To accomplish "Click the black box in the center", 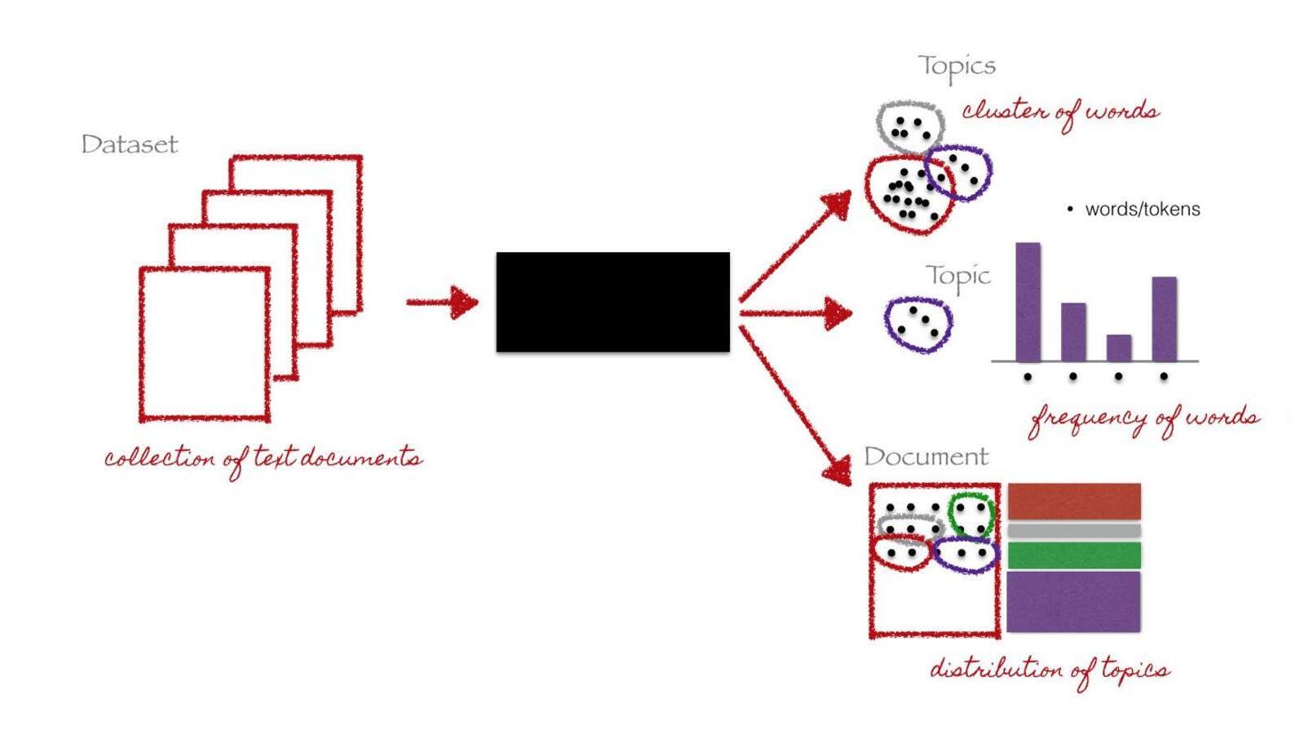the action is click(x=612, y=302).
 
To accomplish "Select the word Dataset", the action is click(x=129, y=144).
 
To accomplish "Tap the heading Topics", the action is click(x=957, y=67).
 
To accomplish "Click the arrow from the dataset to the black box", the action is click(x=443, y=302).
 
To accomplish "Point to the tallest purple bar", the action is click(x=1028, y=302).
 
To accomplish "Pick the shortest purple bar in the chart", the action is click(x=1118, y=348).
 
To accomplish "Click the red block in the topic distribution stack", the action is click(x=1073, y=502).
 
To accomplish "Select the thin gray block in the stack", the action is click(x=1073, y=530).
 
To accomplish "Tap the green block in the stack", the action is click(x=1073, y=555).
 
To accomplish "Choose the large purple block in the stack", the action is click(x=1073, y=602).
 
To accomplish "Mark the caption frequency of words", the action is click(x=1144, y=419).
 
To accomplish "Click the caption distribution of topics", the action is click(x=1050, y=670).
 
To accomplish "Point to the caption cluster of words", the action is click(x=1060, y=113).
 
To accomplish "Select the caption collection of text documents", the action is click(x=263, y=459).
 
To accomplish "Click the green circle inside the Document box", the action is click(x=949, y=515).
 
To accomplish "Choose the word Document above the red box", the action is click(x=926, y=457).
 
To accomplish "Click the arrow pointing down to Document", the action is click(x=795, y=405).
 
